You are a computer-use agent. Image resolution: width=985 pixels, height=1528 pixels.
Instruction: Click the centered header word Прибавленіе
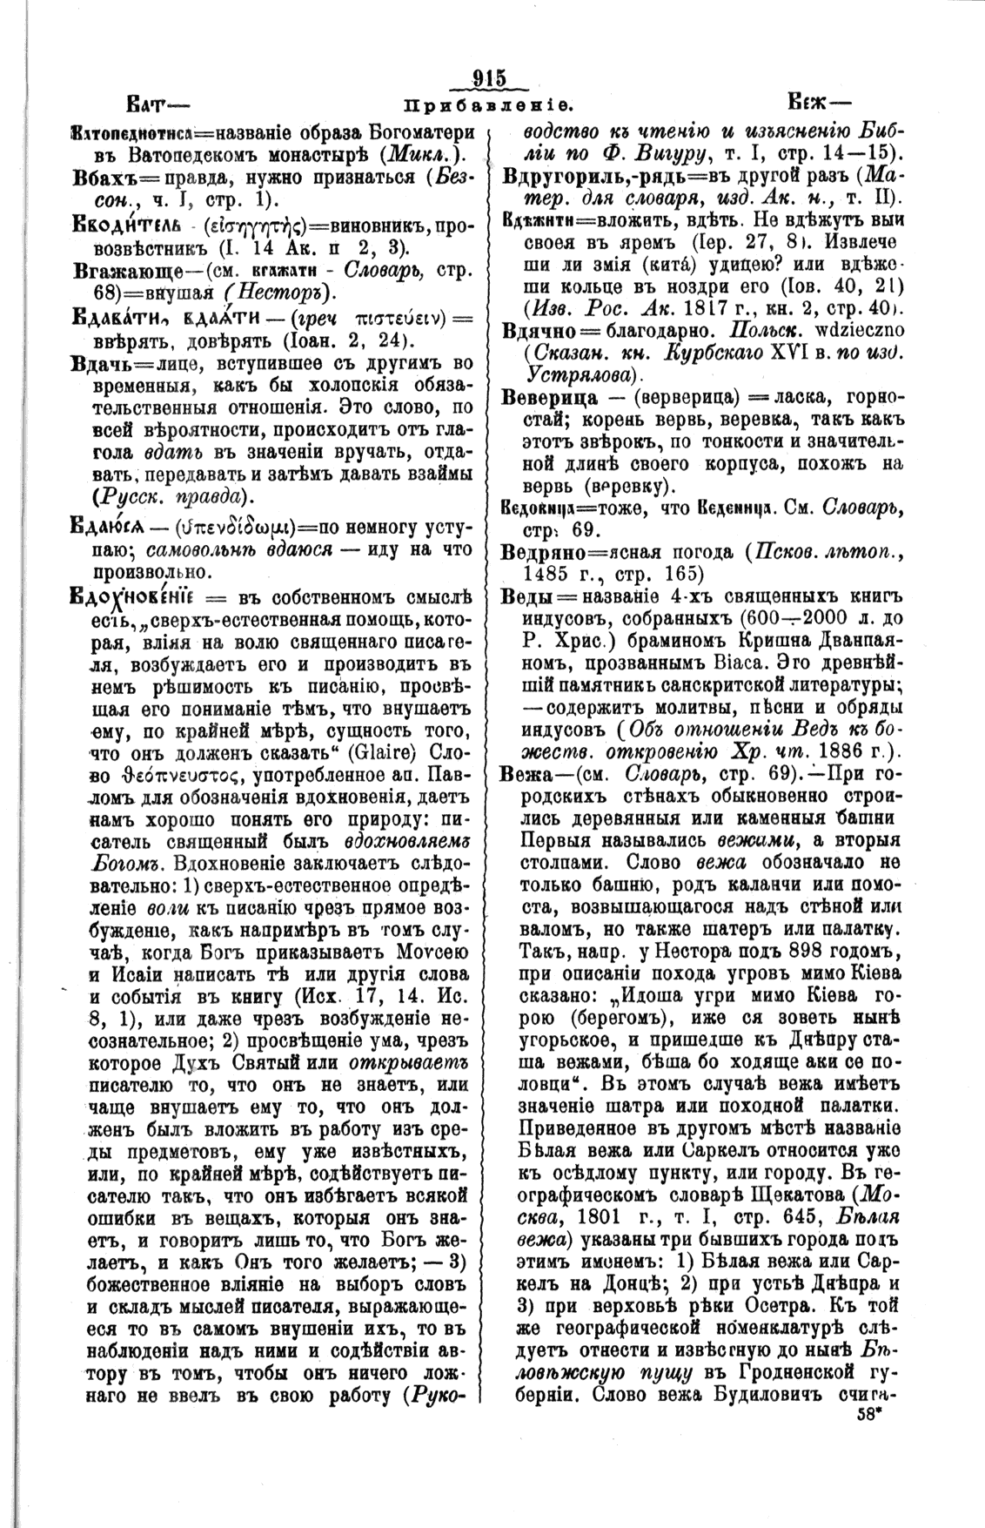(x=488, y=107)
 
